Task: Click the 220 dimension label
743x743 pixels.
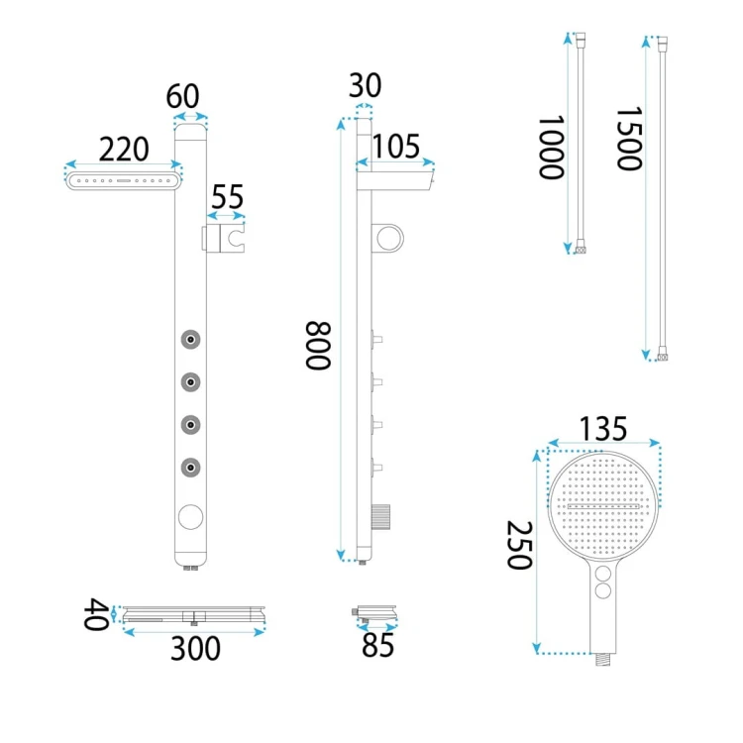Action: tap(124, 150)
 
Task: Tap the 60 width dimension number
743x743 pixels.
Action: tap(182, 96)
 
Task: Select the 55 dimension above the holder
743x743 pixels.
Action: tap(227, 197)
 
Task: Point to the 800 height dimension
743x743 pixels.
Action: tap(317, 346)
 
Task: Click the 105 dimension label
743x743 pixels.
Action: tap(395, 146)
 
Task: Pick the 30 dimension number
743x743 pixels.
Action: tap(365, 85)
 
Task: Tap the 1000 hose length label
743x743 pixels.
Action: tap(551, 148)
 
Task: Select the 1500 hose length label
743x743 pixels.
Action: tap(629, 139)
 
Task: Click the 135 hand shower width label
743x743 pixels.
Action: tap(603, 428)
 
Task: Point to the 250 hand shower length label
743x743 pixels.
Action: tap(519, 545)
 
